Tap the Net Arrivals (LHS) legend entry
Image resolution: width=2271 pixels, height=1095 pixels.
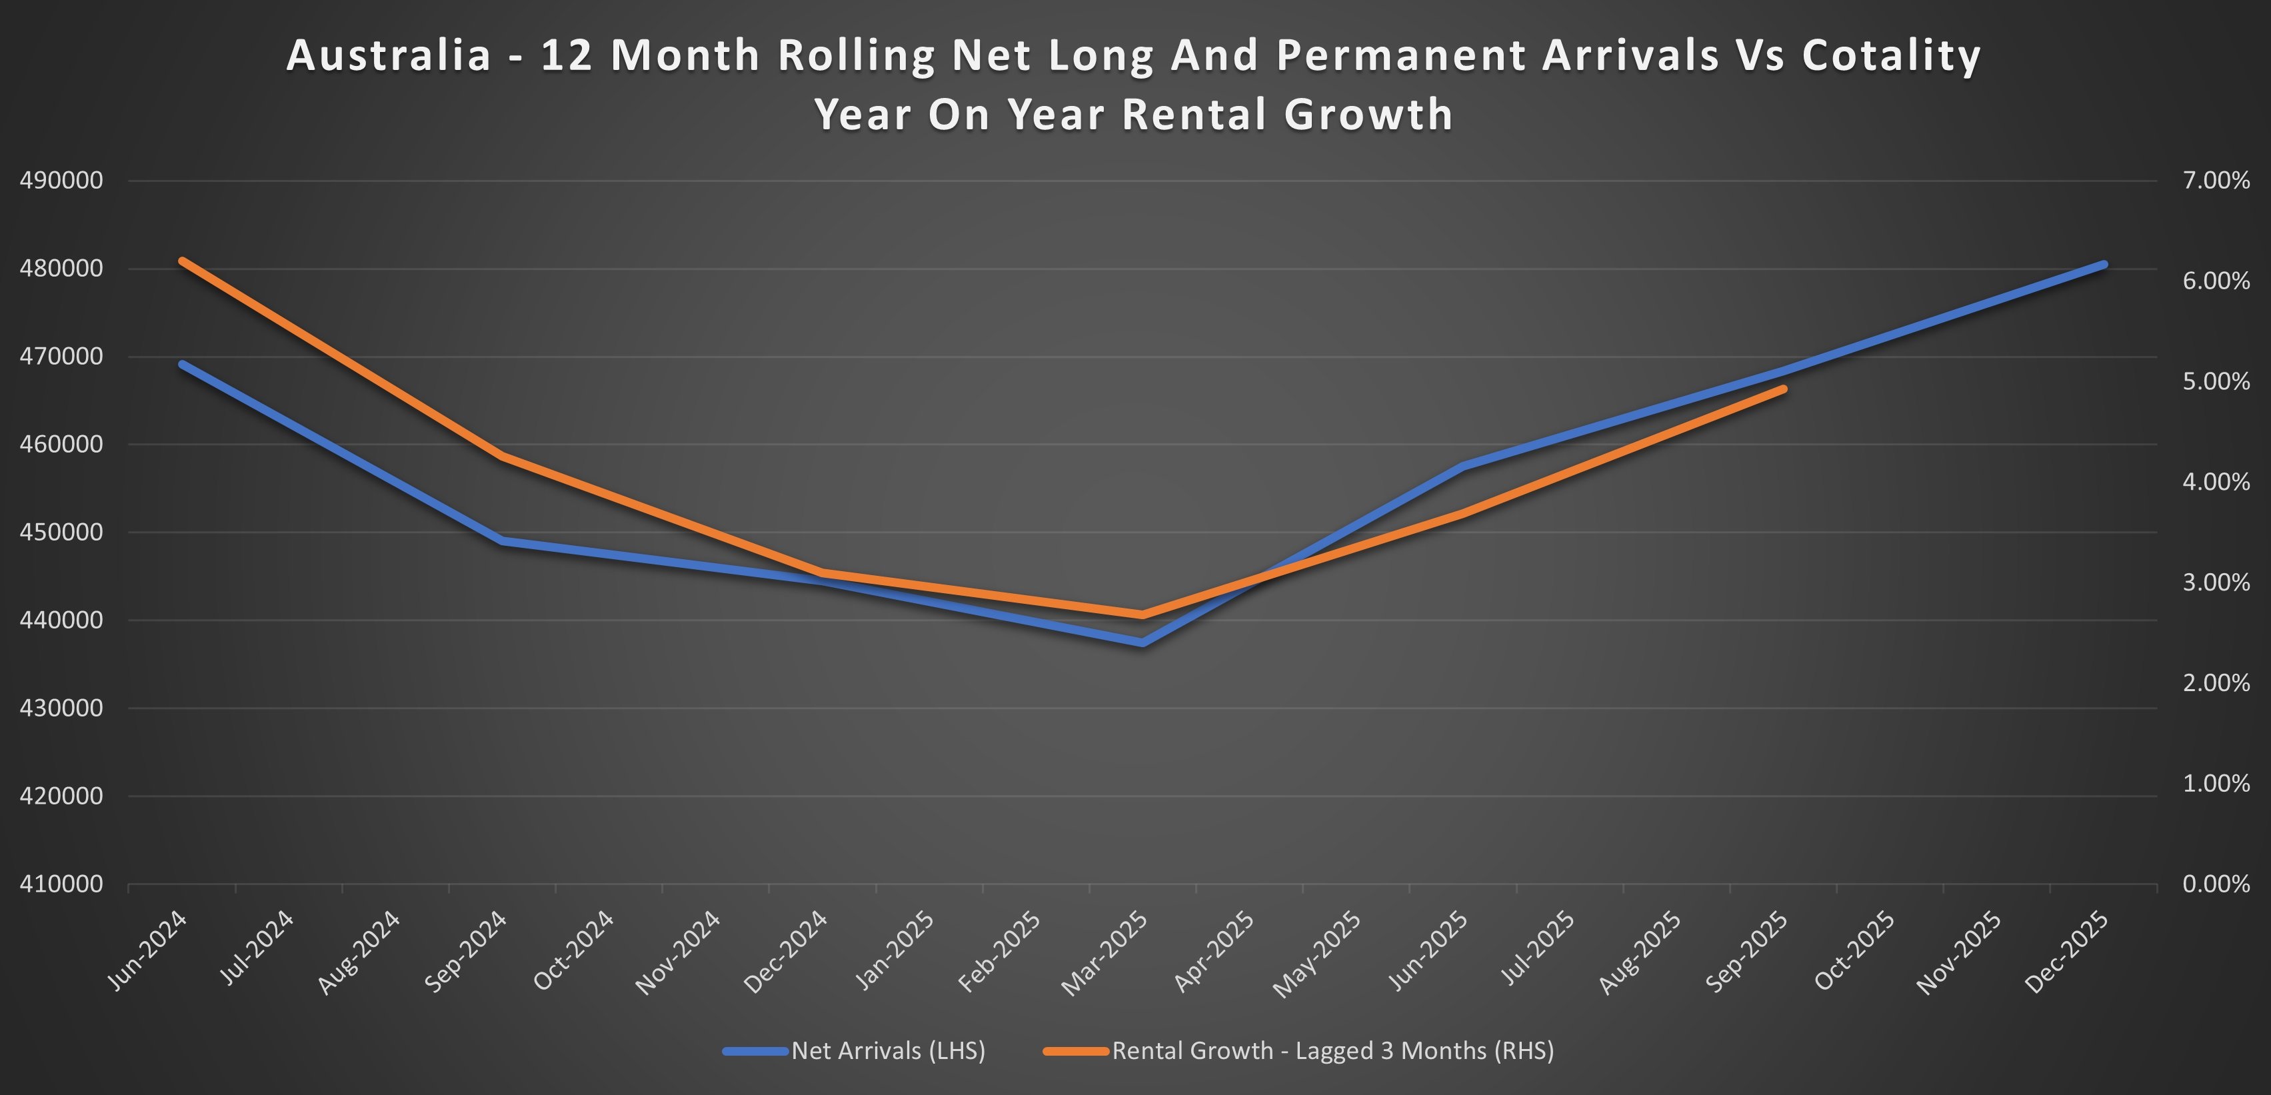point(888,1050)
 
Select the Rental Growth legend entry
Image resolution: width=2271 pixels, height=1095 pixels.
point(1332,1050)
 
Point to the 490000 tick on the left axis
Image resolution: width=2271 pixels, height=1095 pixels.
point(61,181)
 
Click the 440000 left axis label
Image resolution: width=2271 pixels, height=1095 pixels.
point(61,620)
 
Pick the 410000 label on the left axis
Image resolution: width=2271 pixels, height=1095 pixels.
point(61,884)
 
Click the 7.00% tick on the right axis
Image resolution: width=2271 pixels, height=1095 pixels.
point(2216,181)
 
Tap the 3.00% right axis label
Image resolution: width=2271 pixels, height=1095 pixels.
point(2216,582)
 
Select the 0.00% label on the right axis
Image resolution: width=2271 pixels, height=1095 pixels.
point(2216,884)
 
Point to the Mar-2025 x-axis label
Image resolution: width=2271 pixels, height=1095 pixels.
point(1107,952)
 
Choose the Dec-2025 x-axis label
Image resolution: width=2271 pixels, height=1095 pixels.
point(2067,952)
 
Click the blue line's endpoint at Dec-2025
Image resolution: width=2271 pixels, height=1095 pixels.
point(2104,265)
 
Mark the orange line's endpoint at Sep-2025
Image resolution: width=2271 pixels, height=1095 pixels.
point(1784,389)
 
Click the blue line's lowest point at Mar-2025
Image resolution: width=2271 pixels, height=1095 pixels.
point(1142,642)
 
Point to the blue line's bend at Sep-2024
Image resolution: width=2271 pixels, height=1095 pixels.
point(503,541)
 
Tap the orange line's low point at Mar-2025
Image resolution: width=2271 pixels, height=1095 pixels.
point(1142,614)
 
